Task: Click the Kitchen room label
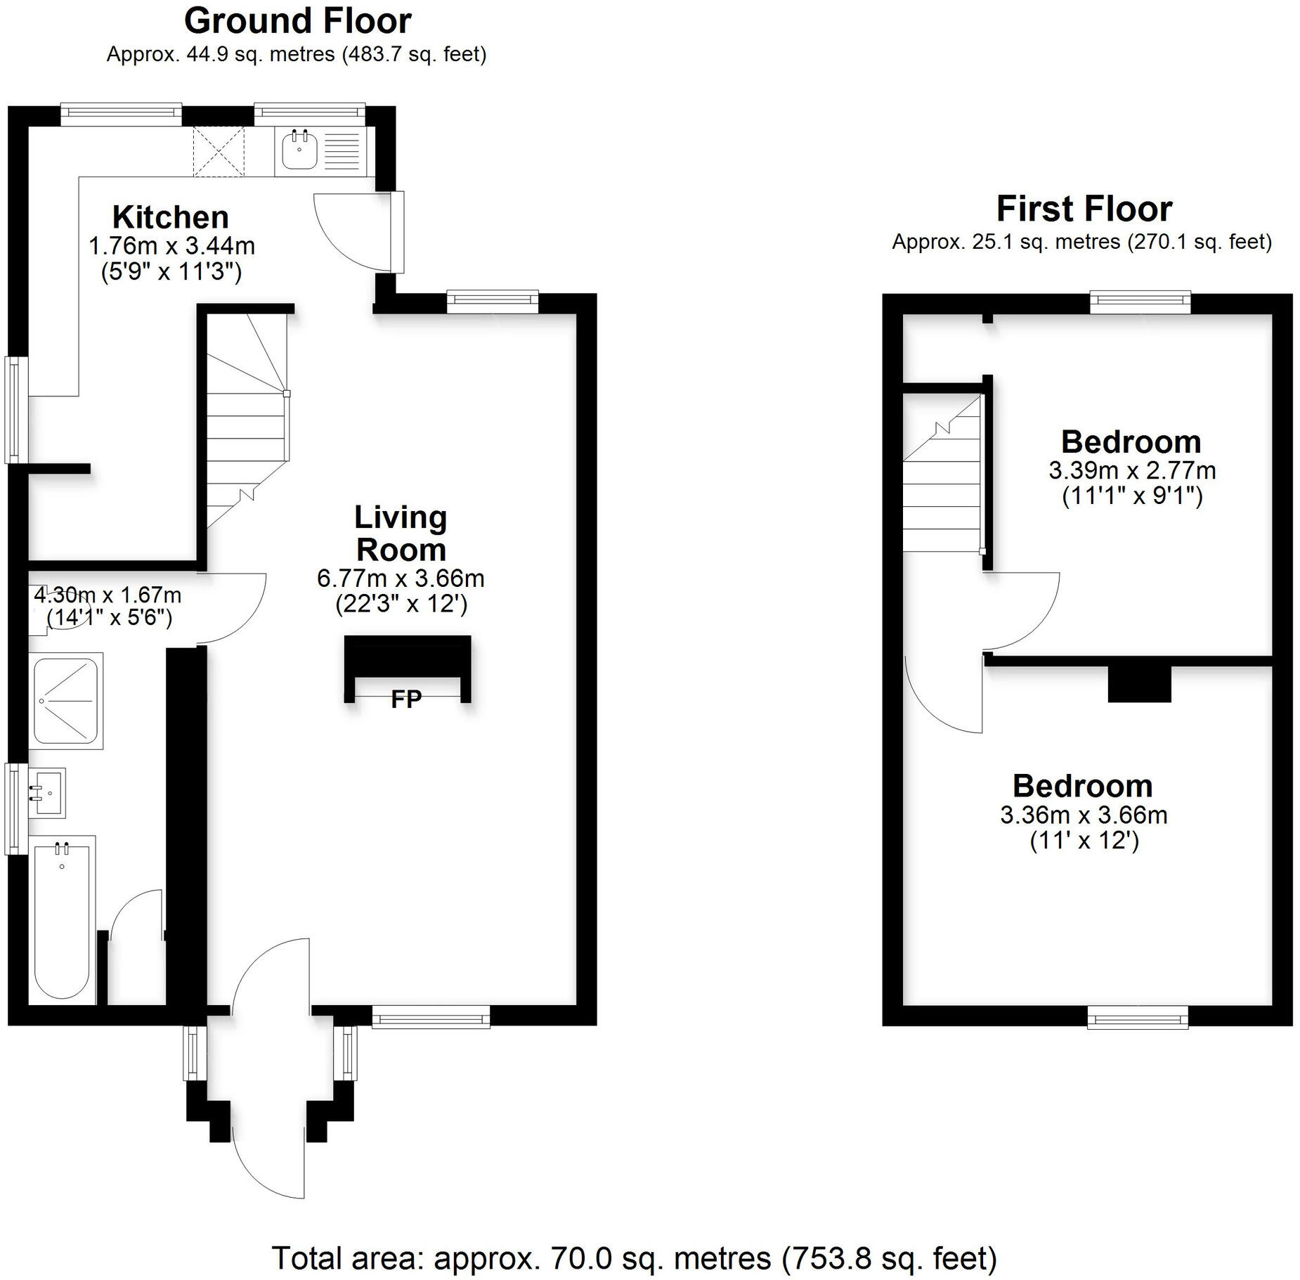171,217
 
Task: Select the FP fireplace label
406,699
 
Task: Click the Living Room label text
401,534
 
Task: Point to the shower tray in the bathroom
66,700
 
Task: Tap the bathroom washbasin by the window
47,792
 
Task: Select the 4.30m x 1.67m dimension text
108,595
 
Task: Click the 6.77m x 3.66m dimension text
401,578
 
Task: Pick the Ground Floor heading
297,21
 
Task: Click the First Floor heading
1084,209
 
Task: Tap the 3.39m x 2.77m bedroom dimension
1131,470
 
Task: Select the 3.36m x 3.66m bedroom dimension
1083,815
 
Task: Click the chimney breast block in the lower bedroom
1138,683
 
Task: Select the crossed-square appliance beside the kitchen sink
219,151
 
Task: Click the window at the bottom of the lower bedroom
1137,1016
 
